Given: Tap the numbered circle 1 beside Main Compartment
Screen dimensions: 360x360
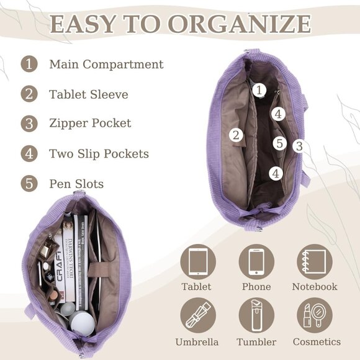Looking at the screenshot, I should pyautogui.click(x=29, y=64).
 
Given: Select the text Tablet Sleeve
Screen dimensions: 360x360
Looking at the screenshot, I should pyautogui.click(x=89, y=94).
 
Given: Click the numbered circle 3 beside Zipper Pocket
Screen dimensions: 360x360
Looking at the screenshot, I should pyautogui.click(x=29, y=123).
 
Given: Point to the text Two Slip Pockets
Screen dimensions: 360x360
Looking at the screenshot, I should pyautogui.click(x=99, y=153).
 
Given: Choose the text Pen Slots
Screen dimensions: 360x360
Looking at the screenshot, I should pyautogui.click(x=76, y=184).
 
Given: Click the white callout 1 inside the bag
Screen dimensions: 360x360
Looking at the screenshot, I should pyautogui.click(x=259, y=91).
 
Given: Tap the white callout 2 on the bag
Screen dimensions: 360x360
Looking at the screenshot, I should pyautogui.click(x=235, y=135).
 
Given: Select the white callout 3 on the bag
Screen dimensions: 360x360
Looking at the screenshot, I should pyautogui.click(x=299, y=146).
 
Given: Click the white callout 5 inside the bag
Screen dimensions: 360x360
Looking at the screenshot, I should pyautogui.click(x=279, y=143).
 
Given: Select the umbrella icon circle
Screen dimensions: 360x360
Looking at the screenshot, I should pyautogui.click(x=198, y=315).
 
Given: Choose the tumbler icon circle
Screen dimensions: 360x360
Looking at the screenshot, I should pyautogui.click(x=256, y=315).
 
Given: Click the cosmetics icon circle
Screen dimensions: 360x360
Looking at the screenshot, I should pyautogui.click(x=314, y=315).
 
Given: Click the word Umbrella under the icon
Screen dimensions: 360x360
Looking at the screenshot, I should pyautogui.click(x=197, y=342).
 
